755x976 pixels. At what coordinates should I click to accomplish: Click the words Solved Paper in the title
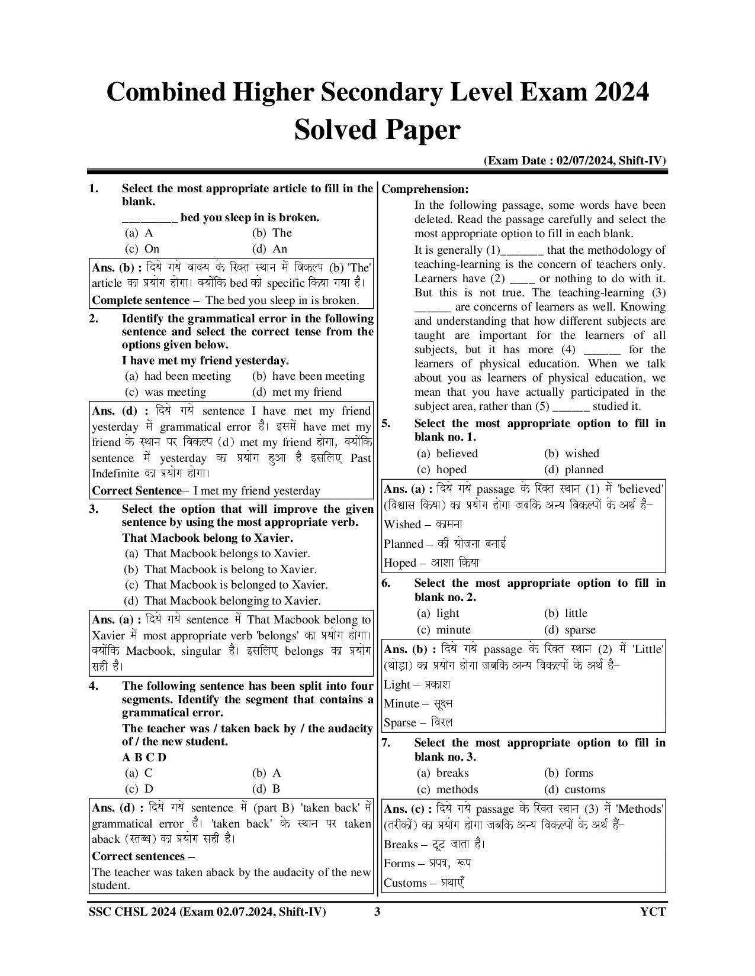click(x=377, y=130)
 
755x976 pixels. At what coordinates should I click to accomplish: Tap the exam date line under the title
click(x=574, y=161)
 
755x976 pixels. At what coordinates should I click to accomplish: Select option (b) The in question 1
click(x=272, y=233)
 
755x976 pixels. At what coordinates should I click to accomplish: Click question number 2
click(x=94, y=319)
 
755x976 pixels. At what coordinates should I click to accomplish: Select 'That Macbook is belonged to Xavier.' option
click(x=226, y=585)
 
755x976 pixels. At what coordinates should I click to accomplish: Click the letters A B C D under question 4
click(x=144, y=758)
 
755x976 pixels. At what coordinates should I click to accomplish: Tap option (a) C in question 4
click(x=139, y=773)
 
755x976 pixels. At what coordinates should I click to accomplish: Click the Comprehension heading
click(x=425, y=189)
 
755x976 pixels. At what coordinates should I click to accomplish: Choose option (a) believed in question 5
click(x=448, y=454)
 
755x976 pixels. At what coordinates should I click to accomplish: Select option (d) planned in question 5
click(x=574, y=470)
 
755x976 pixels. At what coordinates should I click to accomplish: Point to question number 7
click(x=386, y=743)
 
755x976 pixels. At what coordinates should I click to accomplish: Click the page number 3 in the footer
click(x=377, y=912)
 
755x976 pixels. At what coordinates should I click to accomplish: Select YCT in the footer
click(x=653, y=912)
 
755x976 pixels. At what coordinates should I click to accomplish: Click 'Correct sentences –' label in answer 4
click(x=143, y=857)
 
